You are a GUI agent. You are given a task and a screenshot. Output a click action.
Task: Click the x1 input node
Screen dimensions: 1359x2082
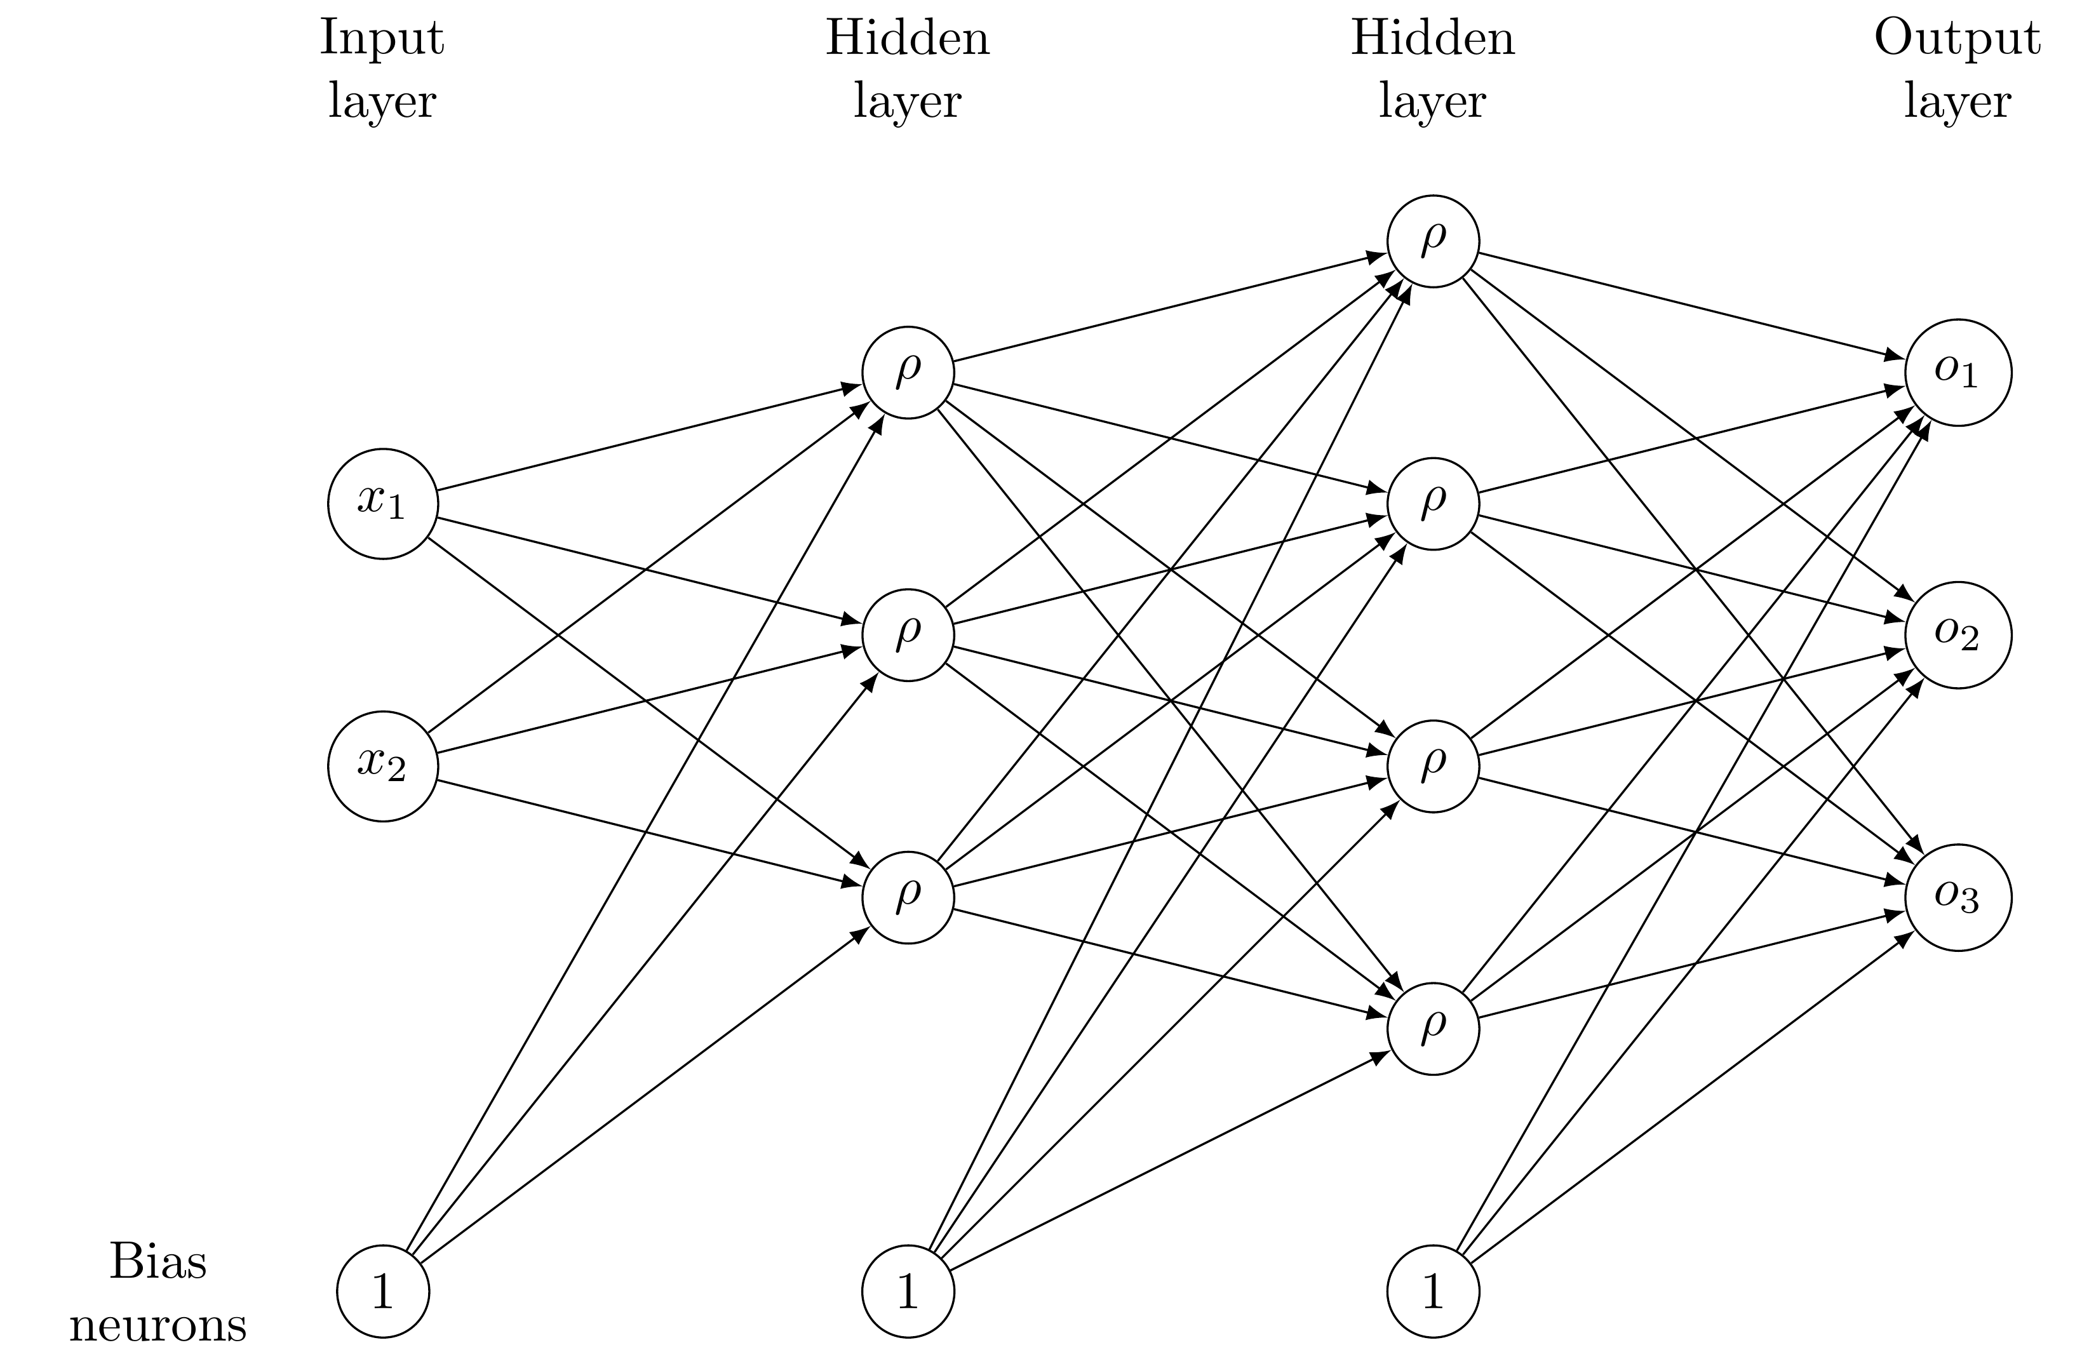382,504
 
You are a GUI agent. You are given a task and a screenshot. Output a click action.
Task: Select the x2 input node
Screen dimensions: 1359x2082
382,766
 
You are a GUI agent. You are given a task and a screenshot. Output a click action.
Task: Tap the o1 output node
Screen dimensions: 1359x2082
1958,373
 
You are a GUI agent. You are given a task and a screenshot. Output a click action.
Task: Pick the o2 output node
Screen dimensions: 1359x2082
1958,635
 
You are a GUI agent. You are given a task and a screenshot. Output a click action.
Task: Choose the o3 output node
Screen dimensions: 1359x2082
1958,897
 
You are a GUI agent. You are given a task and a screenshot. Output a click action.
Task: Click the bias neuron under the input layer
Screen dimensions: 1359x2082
382,1292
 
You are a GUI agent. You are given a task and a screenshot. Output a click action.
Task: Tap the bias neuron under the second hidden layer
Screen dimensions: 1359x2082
1433,1292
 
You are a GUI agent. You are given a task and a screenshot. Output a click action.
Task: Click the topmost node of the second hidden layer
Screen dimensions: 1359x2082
1433,241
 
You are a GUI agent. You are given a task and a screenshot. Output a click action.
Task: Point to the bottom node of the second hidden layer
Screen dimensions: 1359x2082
1433,1028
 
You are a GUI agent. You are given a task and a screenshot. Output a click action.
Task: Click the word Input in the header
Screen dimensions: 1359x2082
382,40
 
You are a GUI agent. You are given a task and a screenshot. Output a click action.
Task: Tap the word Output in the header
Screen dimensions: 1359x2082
1958,40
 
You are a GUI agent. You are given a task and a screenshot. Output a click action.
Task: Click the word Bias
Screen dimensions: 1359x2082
158,1261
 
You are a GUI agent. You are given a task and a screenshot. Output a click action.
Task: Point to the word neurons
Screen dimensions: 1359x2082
158,1325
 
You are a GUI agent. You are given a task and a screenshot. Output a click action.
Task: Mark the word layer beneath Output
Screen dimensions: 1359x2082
1958,102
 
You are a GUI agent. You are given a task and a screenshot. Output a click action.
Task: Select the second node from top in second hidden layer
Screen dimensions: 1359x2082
1433,504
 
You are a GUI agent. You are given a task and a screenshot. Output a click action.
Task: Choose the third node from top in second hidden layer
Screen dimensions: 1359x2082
1433,766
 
